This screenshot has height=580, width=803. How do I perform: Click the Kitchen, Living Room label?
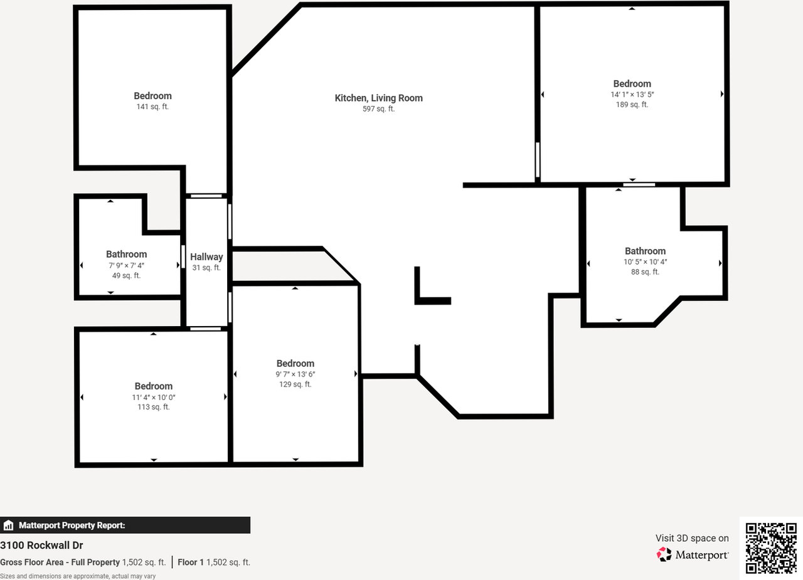tap(378, 98)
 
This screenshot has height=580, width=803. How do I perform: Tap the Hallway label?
tap(206, 257)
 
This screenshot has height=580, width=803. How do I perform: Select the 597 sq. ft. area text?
tap(378, 109)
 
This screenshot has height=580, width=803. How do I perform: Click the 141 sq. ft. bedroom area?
tap(152, 107)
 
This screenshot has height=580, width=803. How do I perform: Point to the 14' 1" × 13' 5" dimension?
tap(632, 95)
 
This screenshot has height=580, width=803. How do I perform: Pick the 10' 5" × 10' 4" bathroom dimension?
tap(646, 262)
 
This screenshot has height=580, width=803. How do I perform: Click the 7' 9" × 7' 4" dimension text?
tap(126, 265)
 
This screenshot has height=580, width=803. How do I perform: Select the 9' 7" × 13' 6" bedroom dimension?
tap(295, 374)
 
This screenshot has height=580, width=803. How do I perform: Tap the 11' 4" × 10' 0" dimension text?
tap(154, 398)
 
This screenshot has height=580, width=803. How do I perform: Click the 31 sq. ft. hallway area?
tap(206, 268)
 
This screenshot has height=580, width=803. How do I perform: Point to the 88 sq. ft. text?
tap(646, 272)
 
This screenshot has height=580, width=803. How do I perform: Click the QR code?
tap(771, 548)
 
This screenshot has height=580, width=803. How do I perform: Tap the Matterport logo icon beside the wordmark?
tap(664, 554)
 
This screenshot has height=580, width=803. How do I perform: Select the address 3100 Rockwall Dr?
tap(41, 546)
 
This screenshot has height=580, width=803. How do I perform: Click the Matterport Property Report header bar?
tap(125, 525)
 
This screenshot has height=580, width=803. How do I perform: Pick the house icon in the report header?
tap(8, 525)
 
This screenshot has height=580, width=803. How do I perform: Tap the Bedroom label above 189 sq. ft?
tap(632, 84)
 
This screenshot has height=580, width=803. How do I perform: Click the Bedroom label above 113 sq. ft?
tap(154, 386)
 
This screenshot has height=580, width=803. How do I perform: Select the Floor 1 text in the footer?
tap(191, 562)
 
